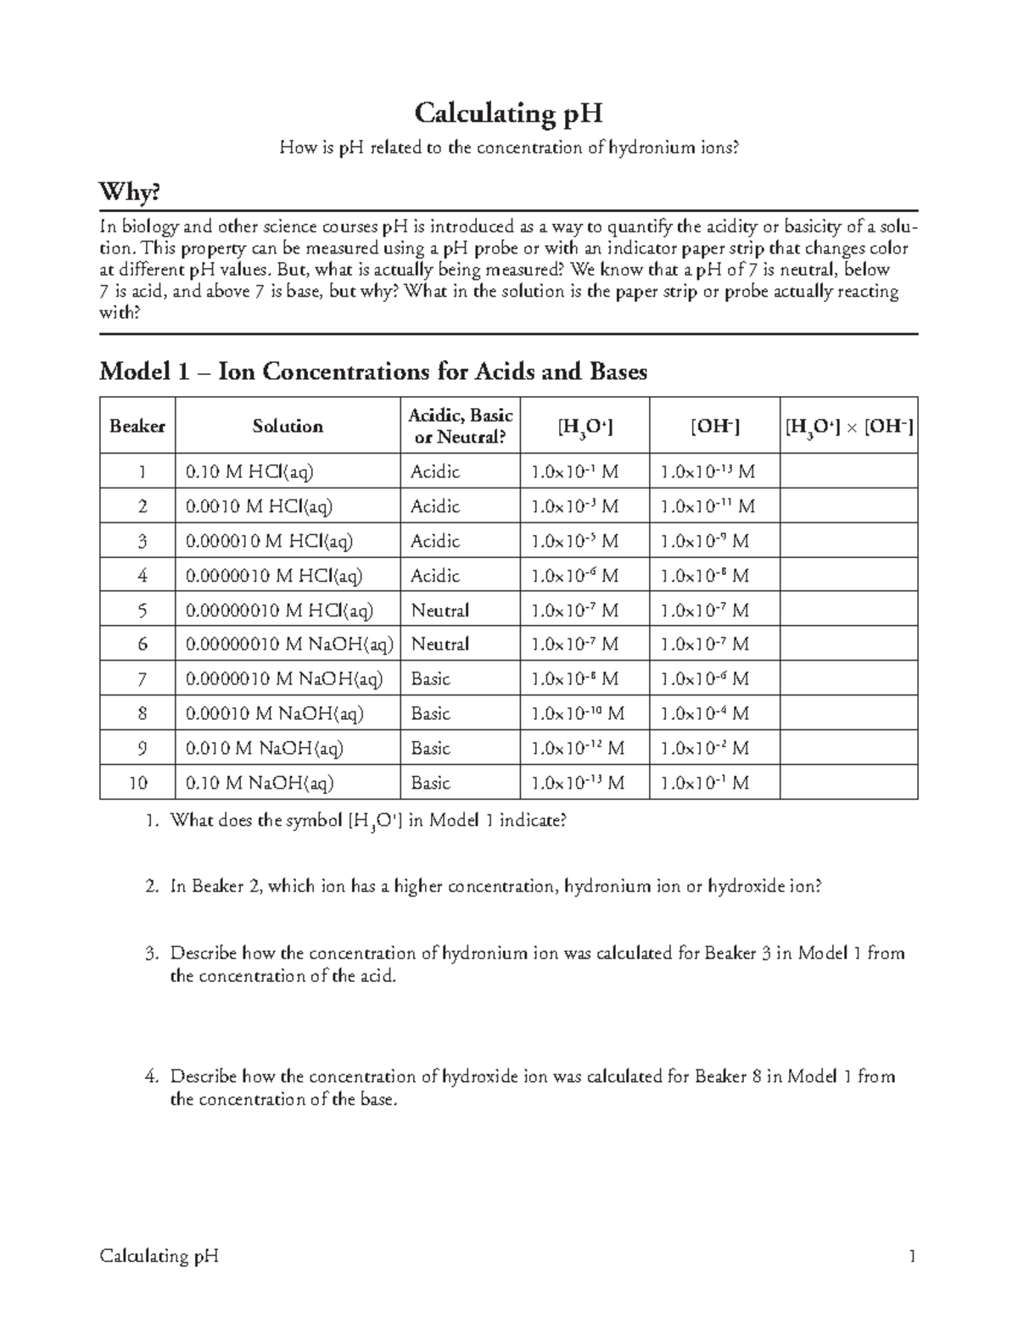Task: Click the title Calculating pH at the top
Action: click(508, 113)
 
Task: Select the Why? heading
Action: click(130, 193)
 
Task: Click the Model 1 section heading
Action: click(373, 371)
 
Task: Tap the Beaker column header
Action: click(137, 426)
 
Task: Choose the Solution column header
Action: click(288, 426)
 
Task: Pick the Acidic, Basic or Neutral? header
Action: click(460, 426)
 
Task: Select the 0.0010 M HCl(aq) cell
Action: click(259, 506)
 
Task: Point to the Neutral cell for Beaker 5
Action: click(439, 611)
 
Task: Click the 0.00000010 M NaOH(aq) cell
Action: click(289, 645)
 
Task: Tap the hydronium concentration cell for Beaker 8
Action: click(577, 714)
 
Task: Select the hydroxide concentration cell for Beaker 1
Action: click(708, 472)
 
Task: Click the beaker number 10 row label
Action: click(138, 783)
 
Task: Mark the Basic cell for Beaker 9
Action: click(431, 749)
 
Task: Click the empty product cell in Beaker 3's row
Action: click(848, 541)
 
